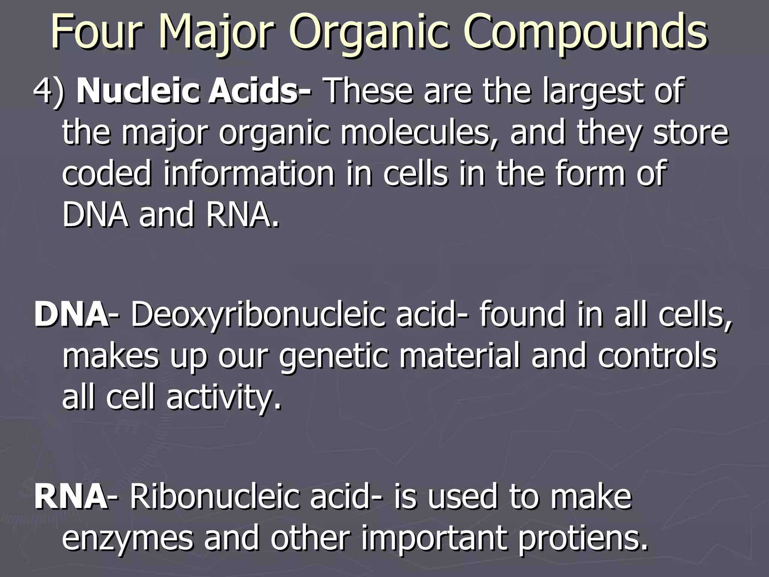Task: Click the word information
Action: point(249,174)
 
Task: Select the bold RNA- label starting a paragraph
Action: point(71,497)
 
